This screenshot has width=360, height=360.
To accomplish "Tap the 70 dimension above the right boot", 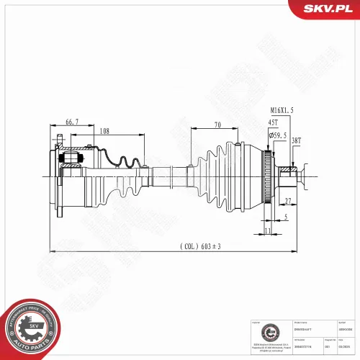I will click(x=217, y=125).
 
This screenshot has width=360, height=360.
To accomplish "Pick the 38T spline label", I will click(x=297, y=140).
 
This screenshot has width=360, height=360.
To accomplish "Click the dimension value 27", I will click(x=288, y=201).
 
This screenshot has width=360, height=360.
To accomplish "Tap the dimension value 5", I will click(x=285, y=217).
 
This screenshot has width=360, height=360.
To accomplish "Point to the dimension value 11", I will click(x=268, y=230).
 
